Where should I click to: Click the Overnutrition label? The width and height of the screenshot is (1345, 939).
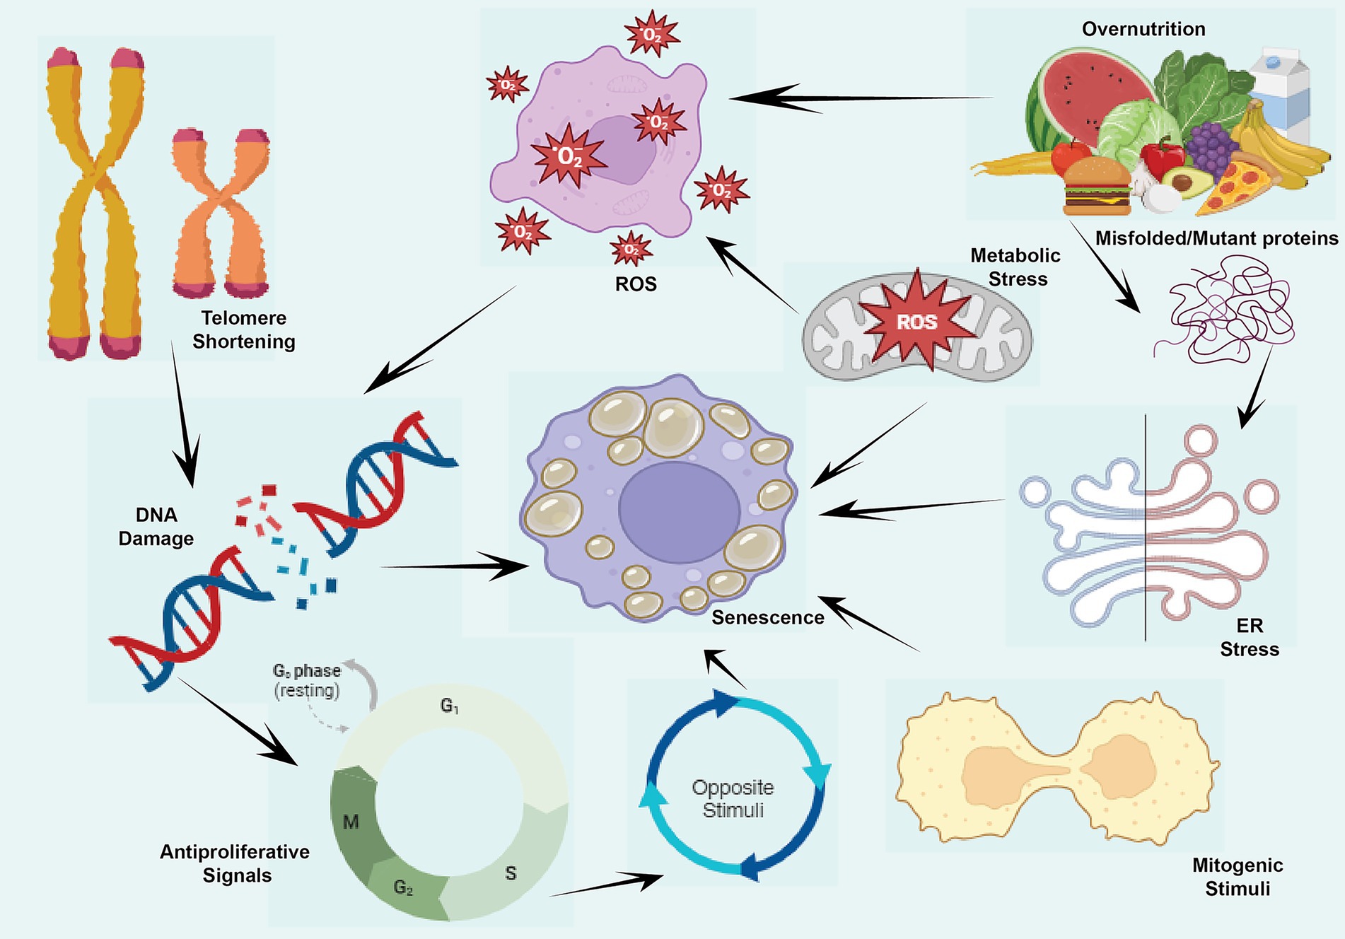pos(1143,29)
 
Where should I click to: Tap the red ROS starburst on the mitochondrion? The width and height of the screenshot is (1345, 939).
pos(917,322)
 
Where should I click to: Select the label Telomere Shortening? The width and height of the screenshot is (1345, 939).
pos(244,329)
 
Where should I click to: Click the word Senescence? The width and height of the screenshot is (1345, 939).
pos(767,617)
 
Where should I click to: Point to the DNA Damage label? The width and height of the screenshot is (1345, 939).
pos(156,527)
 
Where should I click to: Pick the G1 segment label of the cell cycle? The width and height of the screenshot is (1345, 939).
pos(450,705)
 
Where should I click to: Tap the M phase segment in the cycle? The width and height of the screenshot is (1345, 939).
pos(351,822)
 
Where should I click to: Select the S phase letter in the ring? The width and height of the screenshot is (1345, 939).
pos(511,873)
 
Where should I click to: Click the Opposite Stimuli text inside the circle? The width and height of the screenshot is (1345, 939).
pos(733,798)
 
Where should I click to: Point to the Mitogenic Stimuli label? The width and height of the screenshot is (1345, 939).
pos(1237,877)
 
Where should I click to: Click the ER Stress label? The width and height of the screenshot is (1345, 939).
pos(1250,637)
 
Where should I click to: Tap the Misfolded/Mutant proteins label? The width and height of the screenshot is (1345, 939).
pos(1216,238)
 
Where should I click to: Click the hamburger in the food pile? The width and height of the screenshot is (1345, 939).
pos(1097,186)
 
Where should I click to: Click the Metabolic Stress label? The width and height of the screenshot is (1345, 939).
pos(1016,267)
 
